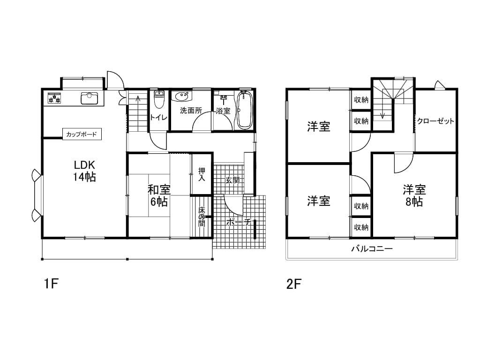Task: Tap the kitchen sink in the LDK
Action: tap(90, 98)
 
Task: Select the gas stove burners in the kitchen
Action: tap(54, 98)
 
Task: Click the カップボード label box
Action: tap(82, 134)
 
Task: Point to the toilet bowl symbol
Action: tap(158, 99)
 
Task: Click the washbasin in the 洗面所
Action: tap(182, 97)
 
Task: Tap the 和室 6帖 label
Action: tap(159, 195)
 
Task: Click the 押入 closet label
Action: tap(202, 174)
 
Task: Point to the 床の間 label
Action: tap(201, 217)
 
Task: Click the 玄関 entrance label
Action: tap(232, 180)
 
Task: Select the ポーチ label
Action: tap(239, 222)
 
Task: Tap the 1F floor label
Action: tap(51, 284)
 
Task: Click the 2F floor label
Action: tap(294, 284)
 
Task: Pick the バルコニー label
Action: tap(372, 248)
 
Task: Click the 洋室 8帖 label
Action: tap(414, 195)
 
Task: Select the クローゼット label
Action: tap(435, 121)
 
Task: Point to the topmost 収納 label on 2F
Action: tap(361, 99)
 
